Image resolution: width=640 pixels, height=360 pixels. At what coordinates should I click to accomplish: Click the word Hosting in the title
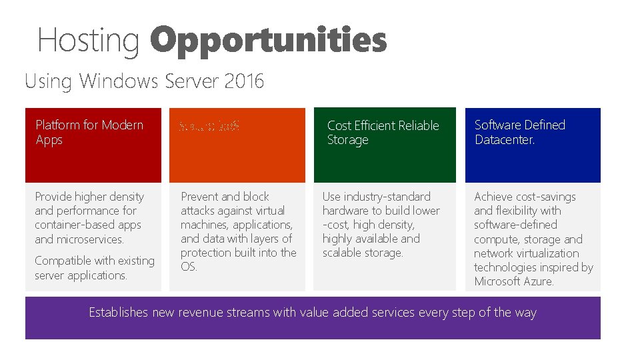point(88,40)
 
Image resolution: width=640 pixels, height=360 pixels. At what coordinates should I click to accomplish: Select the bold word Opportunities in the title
point(268,40)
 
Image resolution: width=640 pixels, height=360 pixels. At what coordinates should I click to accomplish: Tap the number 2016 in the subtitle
point(244,81)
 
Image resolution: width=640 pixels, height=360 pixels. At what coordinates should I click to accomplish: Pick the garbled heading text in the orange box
point(209,125)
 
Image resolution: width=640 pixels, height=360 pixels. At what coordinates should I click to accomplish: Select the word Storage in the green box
point(347,140)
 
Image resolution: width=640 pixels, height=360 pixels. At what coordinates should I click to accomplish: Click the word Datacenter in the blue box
point(505,140)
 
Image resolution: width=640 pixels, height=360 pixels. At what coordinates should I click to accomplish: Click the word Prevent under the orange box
point(201,197)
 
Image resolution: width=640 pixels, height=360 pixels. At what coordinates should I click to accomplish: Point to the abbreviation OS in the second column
point(189,267)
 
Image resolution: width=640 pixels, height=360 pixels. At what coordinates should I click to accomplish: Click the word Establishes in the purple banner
point(119,313)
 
